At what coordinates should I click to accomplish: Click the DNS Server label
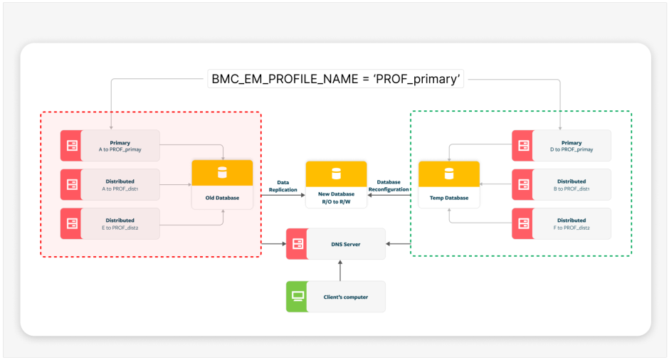coord(346,244)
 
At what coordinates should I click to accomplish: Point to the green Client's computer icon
coord(296,297)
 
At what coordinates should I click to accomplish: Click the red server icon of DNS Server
coord(296,244)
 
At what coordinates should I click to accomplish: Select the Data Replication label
coord(283,186)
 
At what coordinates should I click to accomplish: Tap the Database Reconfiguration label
coord(389,186)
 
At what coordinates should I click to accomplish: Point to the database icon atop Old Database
coord(222,173)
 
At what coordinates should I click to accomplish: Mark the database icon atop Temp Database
coord(448,173)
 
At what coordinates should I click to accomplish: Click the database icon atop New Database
coord(336,173)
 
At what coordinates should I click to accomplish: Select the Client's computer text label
coord(345,297)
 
